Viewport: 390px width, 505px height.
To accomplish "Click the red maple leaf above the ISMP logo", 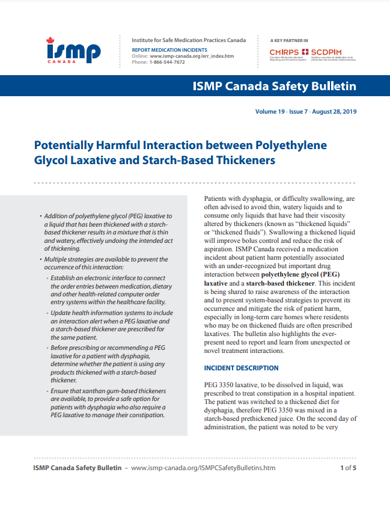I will [x=50, y=40].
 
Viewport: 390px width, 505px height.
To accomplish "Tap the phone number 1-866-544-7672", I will [x=168, y=62].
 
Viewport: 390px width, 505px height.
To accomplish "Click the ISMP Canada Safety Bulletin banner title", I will [x=273, y=86].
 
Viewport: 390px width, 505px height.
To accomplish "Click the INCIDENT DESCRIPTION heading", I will [x=241, y=368].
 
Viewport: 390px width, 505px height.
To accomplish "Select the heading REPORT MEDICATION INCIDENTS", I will [x=170, y=49].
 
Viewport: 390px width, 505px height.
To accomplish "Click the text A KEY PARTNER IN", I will [x=291, y=40].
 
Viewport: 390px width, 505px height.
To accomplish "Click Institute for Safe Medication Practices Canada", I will [x=189, y=40].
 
